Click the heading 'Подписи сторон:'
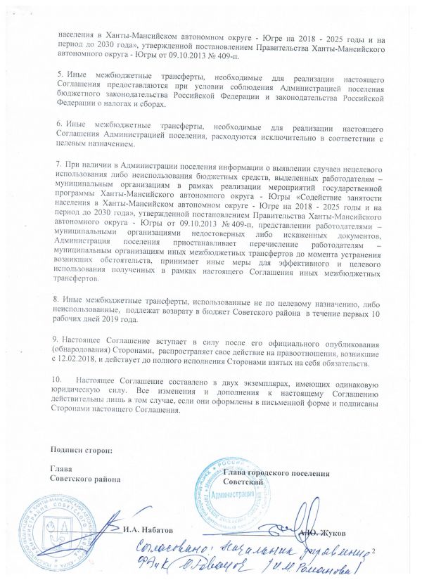(x=81, y=449)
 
